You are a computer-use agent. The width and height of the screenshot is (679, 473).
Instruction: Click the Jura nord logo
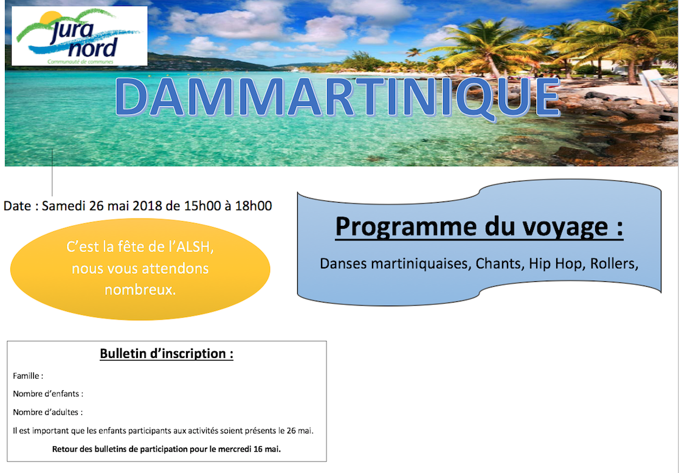click(x=79, y=36)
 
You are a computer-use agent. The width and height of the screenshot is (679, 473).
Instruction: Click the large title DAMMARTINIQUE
click(x=338, y=97)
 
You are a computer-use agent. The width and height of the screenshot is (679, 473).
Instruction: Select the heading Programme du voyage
click(x=480, y=226)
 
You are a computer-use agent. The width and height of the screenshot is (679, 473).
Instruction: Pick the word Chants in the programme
click(x=500, y=264)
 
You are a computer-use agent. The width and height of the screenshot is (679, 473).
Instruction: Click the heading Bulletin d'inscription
click(x=167, y=354)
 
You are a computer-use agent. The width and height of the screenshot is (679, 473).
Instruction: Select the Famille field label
click(x=28, y=376)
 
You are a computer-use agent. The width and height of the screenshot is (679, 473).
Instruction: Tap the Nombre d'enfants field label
click(x=48, y=394)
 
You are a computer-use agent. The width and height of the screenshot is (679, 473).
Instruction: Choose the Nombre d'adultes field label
click(x=47, y=412)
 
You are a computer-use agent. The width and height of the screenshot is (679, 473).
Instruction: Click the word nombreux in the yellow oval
click(x=140, y=289)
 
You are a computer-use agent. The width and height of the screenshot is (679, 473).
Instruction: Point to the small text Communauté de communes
click(x=80, y=62)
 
